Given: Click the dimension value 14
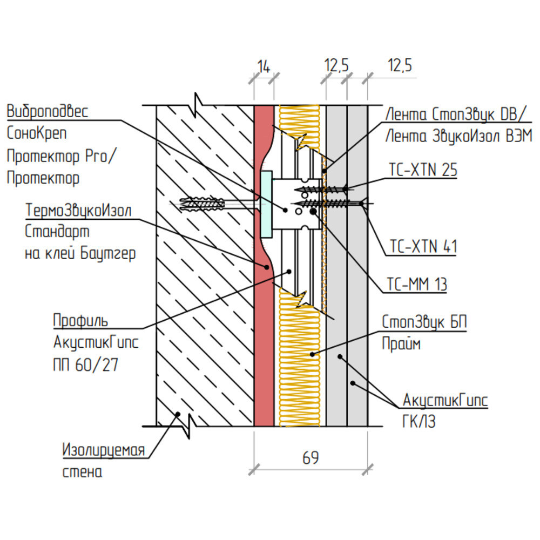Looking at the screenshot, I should [x=264, y=67].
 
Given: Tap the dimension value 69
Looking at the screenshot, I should [x=310, y=458].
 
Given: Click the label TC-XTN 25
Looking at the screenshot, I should [x=423, y=171].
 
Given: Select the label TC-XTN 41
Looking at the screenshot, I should [x=423, y=247].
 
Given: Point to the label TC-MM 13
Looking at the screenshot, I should [x=416, y=284].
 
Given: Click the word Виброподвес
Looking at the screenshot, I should [x=47, y=111].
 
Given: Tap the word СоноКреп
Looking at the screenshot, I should [x=38, y=132].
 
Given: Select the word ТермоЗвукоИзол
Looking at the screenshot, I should [x=78, y=211].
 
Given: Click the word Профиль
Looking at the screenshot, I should [x=80, y=320].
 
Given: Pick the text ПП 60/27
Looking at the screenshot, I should [x=86, y=364].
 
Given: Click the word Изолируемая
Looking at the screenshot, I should [x=104, y=450].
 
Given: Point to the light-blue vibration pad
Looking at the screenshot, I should [x=266, y=205].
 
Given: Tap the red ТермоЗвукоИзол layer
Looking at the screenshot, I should [x=262, y=351].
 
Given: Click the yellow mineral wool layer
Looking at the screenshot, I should [x=300, y=378].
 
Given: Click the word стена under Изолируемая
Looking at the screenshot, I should [x=82, y=472].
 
